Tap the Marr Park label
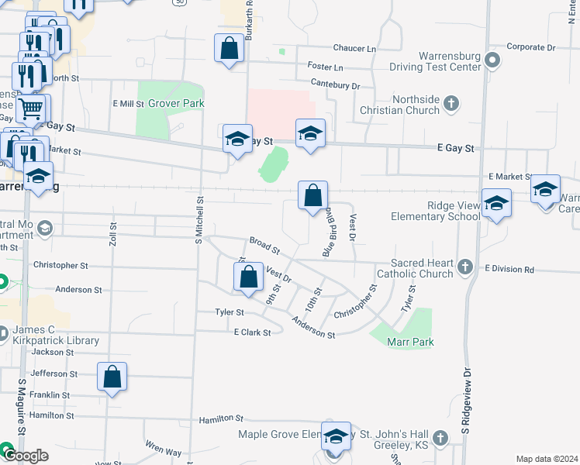pyautogui.click(x=412, y=342)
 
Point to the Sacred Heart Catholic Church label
pyautogui.click(x=415, y=268)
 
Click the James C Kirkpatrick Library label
pyautogui.click(x=56, y=335)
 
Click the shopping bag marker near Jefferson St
pyautogui.click(x=112, y=377)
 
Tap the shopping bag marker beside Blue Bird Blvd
pyautogui.click(x=312, y=197)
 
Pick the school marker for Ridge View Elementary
pyautogui.click(x=496, y=204)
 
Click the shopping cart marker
pyautogui.click(x=30, y=109)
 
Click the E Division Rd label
pyautogui.click(x=509, y=269)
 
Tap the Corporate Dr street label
pyautogui.click(x=531, y=47)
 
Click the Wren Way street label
pyautogui.click(x=163, y=449)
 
